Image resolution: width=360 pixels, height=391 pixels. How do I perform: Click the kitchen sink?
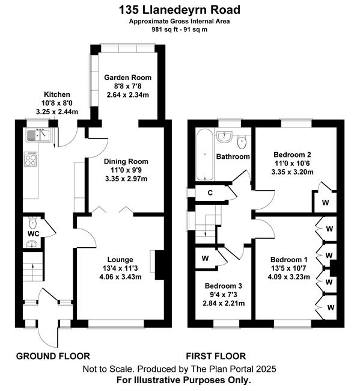38,134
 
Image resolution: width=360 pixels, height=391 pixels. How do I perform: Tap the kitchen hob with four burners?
31,159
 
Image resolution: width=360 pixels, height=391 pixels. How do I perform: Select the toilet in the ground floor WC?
32,223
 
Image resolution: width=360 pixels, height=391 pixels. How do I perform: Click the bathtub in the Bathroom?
205,155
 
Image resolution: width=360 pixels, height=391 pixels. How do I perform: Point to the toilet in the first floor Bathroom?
242,142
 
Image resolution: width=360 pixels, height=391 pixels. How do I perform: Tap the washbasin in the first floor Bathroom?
224,137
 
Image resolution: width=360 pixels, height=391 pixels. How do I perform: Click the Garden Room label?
127,78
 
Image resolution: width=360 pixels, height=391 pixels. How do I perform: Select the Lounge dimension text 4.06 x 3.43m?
120,277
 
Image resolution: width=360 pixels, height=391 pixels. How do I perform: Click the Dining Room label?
126,162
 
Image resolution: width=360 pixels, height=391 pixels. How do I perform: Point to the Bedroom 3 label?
223,286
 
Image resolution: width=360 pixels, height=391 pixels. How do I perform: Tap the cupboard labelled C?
210,192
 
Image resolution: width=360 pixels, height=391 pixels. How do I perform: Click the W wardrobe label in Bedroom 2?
325,203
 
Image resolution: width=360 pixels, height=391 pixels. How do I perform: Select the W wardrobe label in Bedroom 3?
205,258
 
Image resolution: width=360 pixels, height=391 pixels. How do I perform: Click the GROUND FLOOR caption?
53,356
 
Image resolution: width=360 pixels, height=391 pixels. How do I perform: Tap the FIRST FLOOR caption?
216,356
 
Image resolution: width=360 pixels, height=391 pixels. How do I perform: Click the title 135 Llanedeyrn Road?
180,10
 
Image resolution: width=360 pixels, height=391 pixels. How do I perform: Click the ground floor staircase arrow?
34,269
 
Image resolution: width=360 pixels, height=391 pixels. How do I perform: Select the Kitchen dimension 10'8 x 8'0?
57,103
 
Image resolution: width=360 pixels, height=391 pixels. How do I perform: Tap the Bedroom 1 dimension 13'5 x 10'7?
289,268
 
